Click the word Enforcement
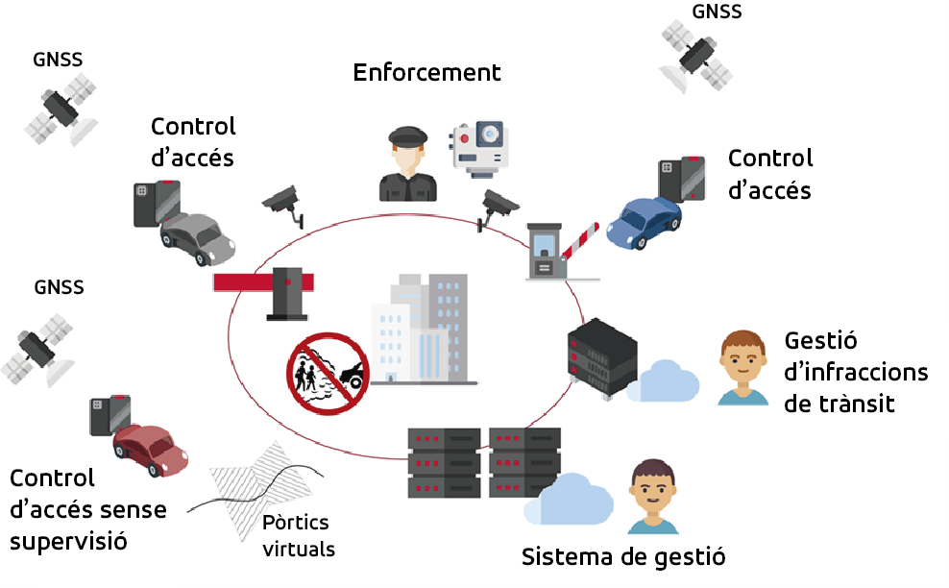[426, 73]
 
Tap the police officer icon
[407, 163]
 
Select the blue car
[644, 222]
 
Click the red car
[151, 450]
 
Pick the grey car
[197, 238]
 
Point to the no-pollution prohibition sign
[328, 374]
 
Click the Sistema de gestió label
[623, 557]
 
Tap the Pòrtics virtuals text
[299, 535]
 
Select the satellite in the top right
[695, 57]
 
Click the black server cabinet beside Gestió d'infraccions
[602, 357]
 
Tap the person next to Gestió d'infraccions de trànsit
[743, 368]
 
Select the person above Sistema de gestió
[653, 497]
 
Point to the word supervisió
[68, 541]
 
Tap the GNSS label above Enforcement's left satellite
[58, 60]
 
